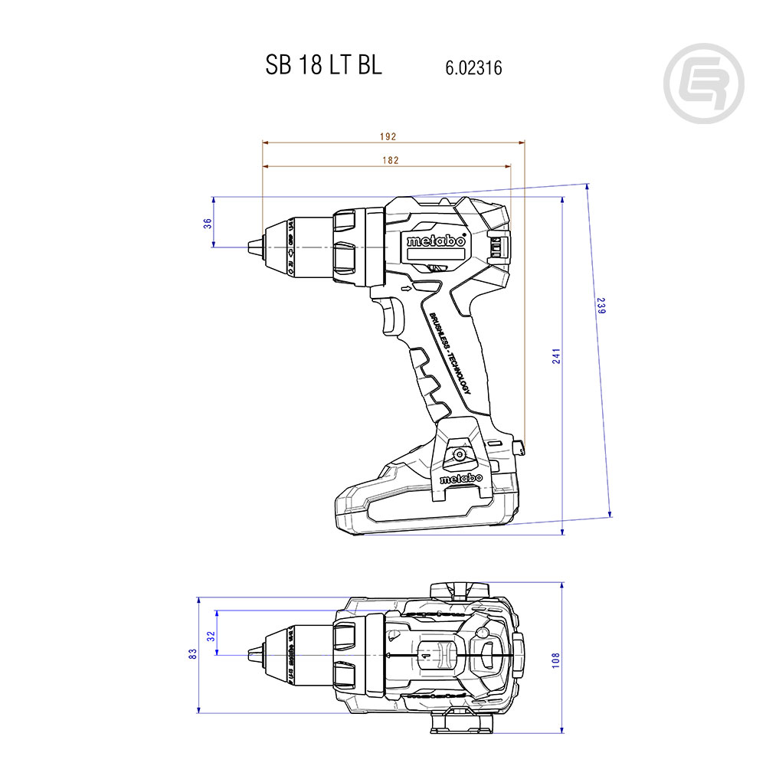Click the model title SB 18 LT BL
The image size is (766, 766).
tap(323, 66)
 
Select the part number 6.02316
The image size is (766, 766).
tap(473, 68)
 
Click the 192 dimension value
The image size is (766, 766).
tap(388, 136)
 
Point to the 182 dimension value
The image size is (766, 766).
tap(389, 160)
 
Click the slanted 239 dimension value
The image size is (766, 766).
tap(601, 306)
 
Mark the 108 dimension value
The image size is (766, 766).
tap(556, 659)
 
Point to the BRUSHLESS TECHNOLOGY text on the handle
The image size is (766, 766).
tap(450, 352)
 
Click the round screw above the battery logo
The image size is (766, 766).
tap(460, 454)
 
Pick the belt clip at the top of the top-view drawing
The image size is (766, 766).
tap(460, 590)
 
